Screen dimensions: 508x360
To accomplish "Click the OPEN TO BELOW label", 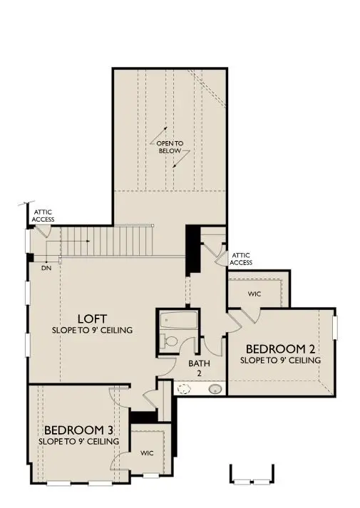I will tap(170, 147).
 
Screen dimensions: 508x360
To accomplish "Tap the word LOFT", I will tap(93, 318).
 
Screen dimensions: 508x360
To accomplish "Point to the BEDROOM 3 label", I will tap(78, 430).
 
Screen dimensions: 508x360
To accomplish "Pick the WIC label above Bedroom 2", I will tap(254, 293).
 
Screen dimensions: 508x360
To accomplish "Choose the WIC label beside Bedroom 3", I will tap(148, 452).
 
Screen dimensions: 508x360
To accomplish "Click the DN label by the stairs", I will tap(46, 269).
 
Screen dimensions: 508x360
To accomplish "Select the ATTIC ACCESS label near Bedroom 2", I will tap(240, 259).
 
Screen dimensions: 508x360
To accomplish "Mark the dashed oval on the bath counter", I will tap(185, 389).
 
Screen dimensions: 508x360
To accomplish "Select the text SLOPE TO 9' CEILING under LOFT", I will tap(93, 331).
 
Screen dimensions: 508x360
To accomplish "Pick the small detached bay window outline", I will tap(252, 475).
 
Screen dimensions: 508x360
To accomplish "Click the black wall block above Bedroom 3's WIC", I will tap(143, 418).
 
